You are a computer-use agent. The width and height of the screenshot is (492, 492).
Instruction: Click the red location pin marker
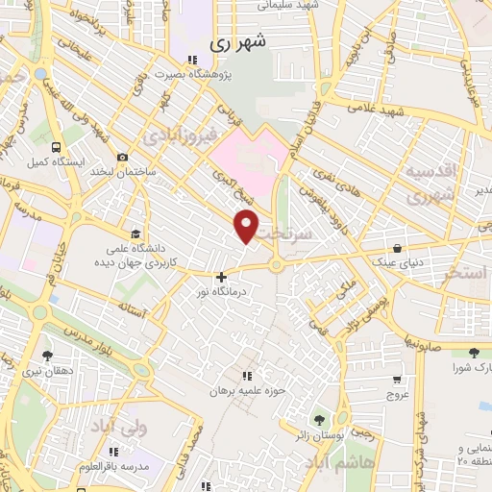tap(247, 227)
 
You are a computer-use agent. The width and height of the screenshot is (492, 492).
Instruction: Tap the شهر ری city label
tap(236, 42)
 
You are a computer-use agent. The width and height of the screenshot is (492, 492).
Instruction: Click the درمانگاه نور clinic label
tap(222, 290)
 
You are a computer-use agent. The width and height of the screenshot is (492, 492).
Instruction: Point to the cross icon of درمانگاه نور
tap(222, 276)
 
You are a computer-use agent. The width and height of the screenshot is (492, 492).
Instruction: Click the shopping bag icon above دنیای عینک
tap(397, 247)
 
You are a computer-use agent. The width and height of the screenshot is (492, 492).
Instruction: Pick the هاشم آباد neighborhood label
tap(335, 461)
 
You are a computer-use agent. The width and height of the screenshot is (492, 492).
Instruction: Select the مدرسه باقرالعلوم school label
tap(114, 466)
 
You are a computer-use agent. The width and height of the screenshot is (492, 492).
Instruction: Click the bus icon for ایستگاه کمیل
tap(57, 149)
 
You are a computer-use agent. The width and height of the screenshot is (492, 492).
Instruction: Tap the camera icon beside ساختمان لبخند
tap(122, 158)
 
